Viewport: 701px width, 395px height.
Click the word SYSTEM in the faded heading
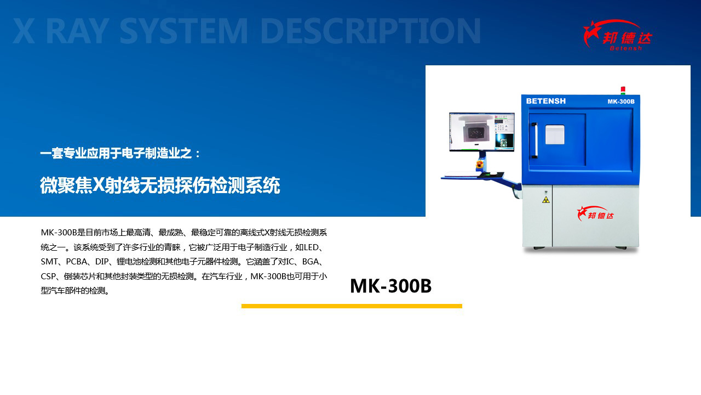(x=183, y=31)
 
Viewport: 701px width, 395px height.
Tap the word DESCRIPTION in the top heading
(x=371, y=31)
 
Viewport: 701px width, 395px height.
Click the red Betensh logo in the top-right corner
(x=617, y=35)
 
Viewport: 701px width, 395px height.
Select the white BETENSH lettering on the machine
(x=546, y=101)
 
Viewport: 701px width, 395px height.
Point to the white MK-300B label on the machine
(x=621, y=101)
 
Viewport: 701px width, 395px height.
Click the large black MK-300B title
(x=390, y=286)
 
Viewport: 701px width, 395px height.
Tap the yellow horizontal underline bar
(x=352, y=306)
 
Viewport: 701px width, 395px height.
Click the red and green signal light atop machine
(x=623, y=91)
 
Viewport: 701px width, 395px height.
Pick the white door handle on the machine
(x=535, y=140)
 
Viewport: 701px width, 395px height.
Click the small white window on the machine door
(x=555, y=135)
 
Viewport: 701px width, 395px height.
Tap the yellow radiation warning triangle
(x=546, y=200)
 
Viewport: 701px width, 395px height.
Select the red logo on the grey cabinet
(x=595, y=213)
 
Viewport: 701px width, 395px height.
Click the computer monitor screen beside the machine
(x=481, y=132)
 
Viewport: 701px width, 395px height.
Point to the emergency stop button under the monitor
(x=479, y=164)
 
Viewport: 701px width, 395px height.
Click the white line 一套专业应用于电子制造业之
(x=116, y=153)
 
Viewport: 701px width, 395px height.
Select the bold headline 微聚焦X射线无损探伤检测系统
(x=160, y=185)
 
